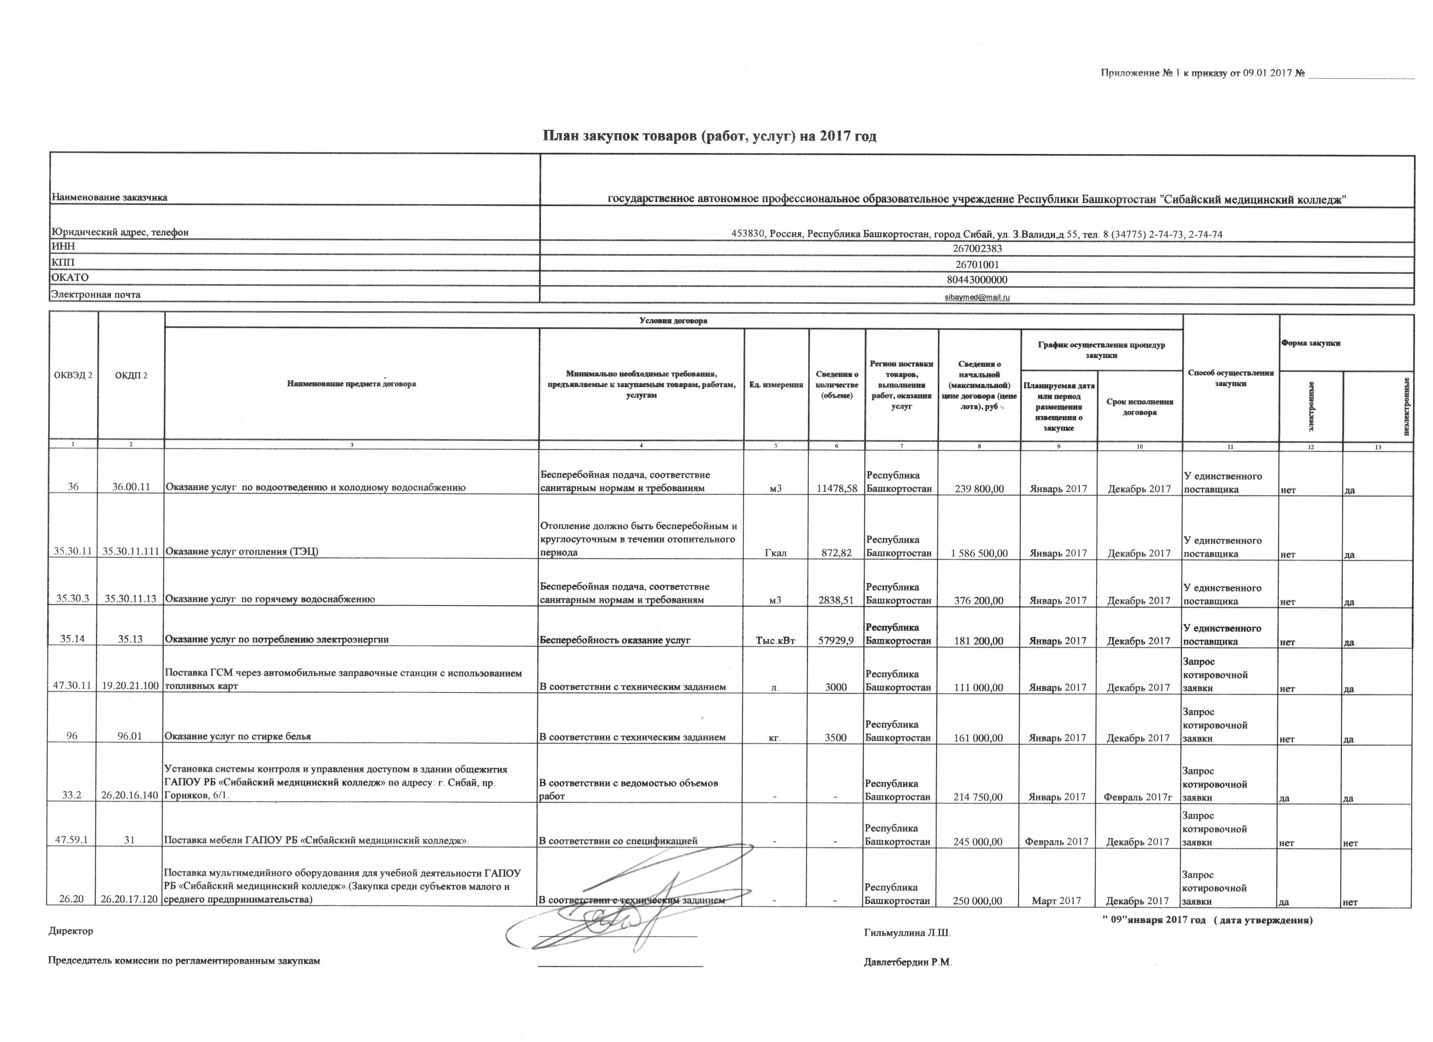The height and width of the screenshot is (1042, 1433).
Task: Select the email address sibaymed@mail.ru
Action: (x=977, y=297)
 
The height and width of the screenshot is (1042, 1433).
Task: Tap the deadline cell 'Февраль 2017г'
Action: (x=1139, y=797)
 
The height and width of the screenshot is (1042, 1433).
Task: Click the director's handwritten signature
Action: (x=607, y=916)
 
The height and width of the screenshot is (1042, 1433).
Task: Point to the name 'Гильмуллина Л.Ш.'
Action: (x=907, y=933)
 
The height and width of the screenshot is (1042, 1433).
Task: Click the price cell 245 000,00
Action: (x=979, y=842)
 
